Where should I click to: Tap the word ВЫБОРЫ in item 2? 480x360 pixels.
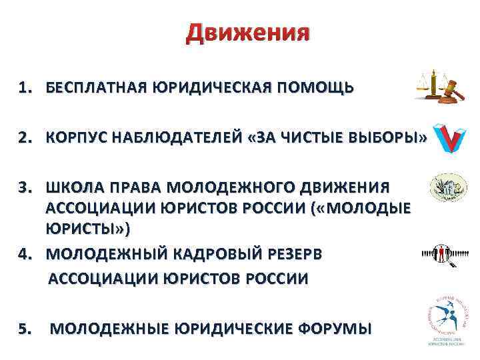[x=386, y=139]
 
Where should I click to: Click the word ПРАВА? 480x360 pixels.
[x=129, y=184]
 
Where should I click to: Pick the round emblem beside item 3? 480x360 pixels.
[x=443, y=187]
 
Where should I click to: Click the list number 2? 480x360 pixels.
[x=25, y=139]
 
